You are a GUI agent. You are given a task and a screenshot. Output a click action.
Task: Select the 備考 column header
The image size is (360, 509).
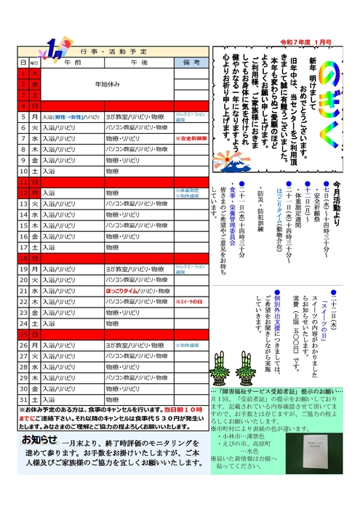point(191,63)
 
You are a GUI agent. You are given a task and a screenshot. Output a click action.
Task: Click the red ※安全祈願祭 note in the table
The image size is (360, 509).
point(191,137)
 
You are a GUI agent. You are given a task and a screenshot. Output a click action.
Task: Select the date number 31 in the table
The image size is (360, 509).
point(24,399)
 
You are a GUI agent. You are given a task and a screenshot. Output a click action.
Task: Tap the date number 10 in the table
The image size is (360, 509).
point(24,170)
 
